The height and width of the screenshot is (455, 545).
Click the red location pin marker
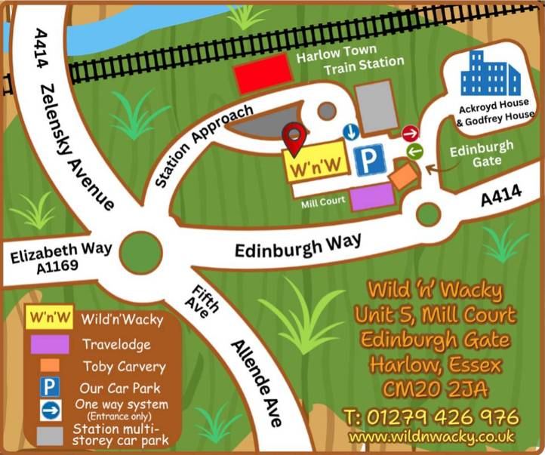tap(294, 137)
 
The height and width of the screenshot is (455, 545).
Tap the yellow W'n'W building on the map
tap(316, 164)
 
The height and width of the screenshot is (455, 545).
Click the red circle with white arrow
tap(410, 134)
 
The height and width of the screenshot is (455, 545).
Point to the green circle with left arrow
tap(414, 152)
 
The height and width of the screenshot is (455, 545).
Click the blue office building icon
tap(491, 74)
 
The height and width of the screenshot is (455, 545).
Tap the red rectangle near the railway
tap(263, 75)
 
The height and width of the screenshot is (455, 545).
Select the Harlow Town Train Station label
tap(349, 63)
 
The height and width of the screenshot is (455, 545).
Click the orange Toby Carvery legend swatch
tap(50, 366)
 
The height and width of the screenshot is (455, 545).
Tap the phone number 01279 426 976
tap(431, 417)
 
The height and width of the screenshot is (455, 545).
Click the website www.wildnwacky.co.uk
tap(431, 436)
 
